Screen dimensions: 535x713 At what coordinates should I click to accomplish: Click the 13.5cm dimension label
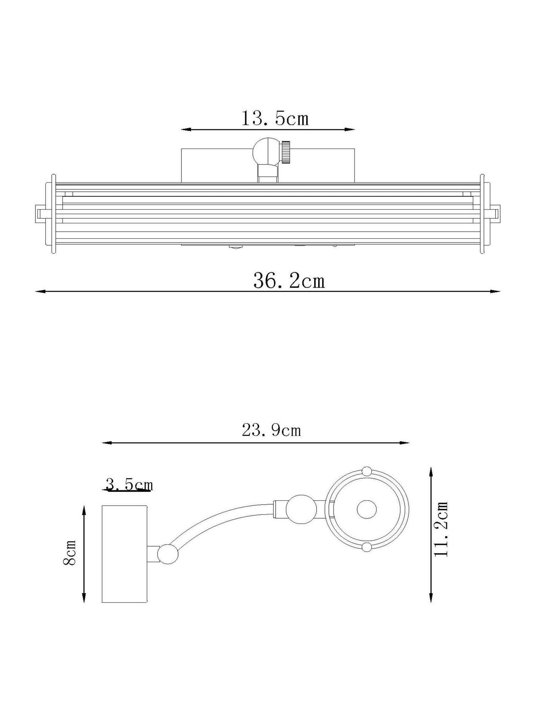click(275, 119)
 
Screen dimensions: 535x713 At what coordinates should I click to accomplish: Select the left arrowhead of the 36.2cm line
click(40, 291)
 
